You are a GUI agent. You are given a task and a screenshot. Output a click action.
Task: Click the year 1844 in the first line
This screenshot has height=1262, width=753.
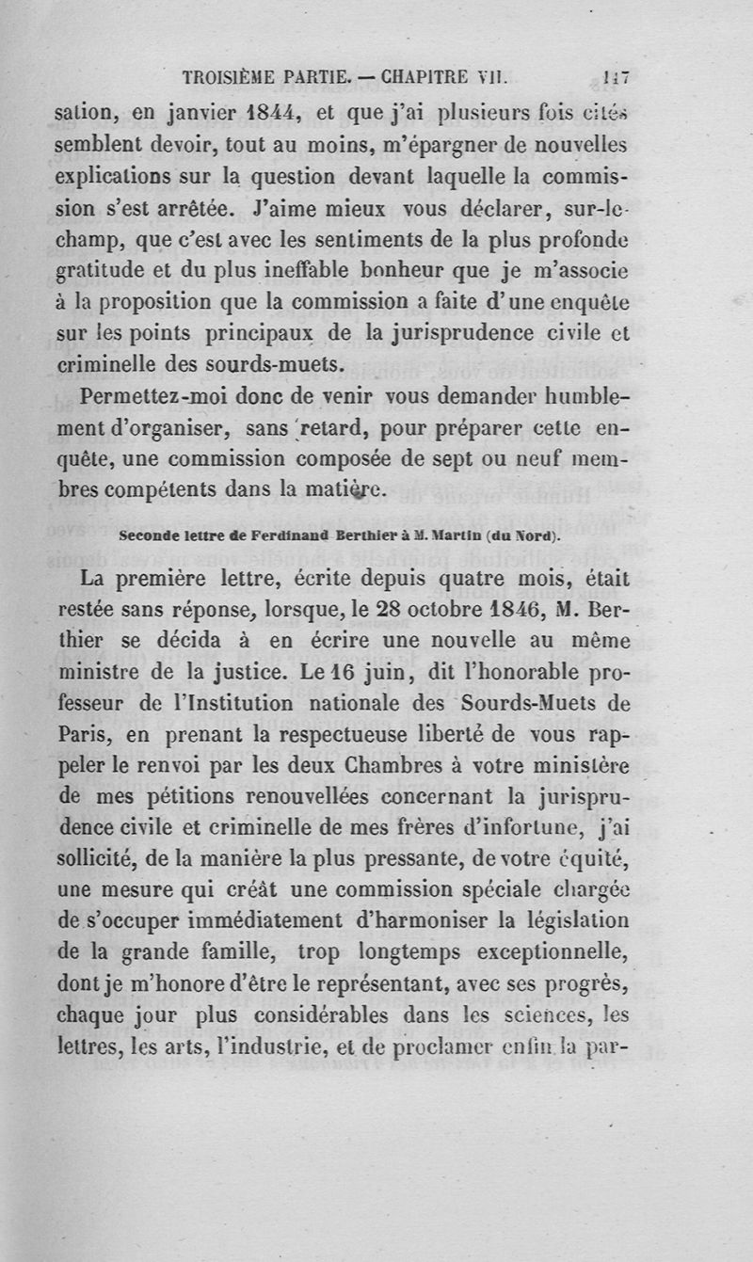coord(258,116)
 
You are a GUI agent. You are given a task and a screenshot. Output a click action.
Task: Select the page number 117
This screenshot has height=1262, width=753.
coord(617,78)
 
